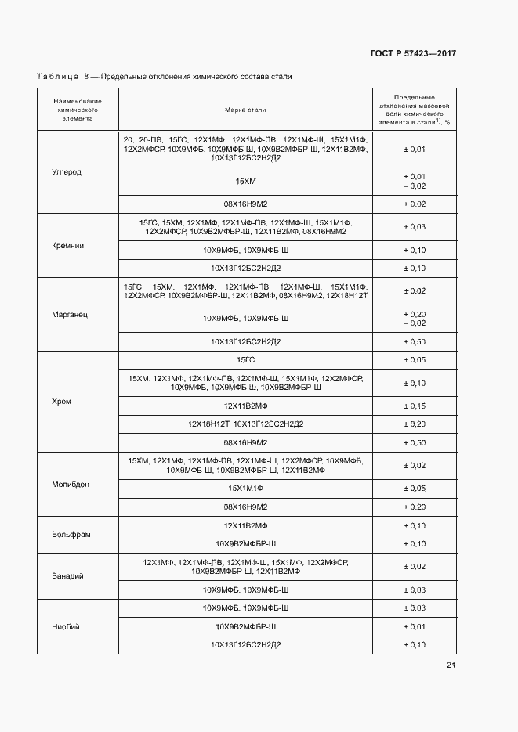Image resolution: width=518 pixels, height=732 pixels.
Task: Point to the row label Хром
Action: (61, 402)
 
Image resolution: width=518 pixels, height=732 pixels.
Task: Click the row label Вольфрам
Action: (72, 534)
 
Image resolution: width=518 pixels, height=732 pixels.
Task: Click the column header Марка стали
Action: (245, 110)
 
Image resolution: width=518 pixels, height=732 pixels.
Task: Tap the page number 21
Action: (451, 665)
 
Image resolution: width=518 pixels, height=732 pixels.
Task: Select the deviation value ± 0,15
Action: (414, 406)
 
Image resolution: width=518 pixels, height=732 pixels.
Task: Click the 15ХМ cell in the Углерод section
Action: (245, 182)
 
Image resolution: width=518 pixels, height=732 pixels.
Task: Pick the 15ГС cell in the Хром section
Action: (245, 359)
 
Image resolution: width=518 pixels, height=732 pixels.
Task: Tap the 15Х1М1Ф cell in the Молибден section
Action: (245, 489)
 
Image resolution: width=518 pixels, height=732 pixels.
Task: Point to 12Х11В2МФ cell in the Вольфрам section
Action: (245, 525)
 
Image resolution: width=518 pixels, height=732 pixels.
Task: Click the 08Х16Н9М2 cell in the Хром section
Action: (245, 442)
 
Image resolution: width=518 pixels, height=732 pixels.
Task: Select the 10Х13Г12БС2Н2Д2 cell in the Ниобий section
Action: (245, 645)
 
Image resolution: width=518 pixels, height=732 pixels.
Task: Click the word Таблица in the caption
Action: (57, 76)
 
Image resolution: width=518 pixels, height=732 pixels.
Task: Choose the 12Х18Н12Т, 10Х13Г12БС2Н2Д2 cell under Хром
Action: (245, 424)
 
